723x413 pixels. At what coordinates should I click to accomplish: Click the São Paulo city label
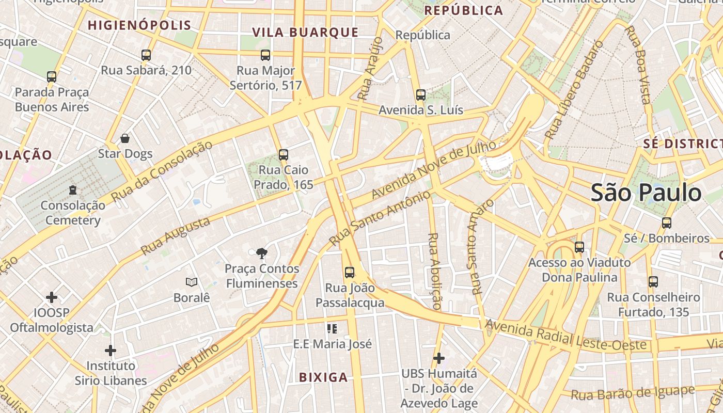click(646, 193)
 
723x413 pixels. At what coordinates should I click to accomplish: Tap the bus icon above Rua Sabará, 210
click(146, 55)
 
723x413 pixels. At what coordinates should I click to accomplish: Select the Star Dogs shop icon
click(125, 138)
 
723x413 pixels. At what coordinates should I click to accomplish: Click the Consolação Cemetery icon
click(73, 190)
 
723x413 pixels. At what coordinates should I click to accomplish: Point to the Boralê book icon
click(192, 282)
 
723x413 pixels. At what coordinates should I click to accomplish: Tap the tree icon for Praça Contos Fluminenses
click(262, 253)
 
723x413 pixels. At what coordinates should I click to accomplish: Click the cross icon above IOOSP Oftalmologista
click(52, 297)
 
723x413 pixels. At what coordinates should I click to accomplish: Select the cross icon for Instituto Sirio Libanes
click(111, 351)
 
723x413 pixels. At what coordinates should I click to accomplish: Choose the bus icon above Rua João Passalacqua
click(350, 272)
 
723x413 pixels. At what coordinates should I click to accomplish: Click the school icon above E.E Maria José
click(332, 328)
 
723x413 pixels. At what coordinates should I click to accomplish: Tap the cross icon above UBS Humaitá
click(439, 358)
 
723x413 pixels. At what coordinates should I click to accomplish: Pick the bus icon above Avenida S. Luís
click(421, 95)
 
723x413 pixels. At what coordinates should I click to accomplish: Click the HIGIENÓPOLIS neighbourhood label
click(139, 25)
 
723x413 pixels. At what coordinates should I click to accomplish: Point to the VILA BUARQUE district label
click(305, 33)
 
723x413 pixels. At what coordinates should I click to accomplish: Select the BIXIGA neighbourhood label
click(323, 377)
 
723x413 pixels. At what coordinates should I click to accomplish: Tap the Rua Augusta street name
click(176, 236)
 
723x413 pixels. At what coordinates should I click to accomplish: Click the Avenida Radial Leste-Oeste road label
click(565, 336)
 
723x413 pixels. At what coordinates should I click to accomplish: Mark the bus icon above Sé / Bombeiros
click(667, 223)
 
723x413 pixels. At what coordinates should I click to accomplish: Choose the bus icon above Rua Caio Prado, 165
click(283, 154)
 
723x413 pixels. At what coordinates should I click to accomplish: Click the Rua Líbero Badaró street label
click(574, 90)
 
